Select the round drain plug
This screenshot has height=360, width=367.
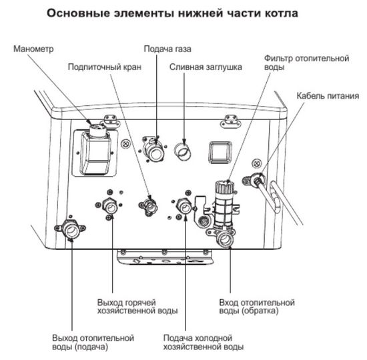[183, 151]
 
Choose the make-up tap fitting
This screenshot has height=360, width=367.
[149, 205]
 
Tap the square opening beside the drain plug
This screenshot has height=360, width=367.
[219, 152]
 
